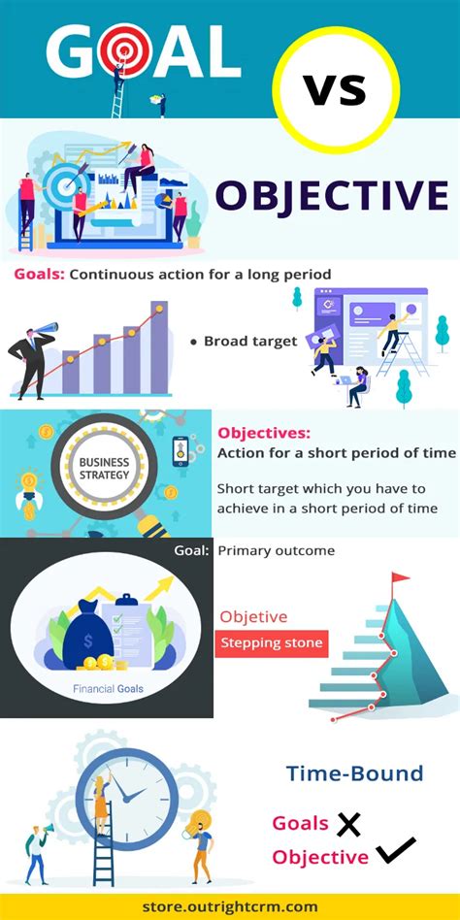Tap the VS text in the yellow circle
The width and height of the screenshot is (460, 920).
coord(335,90)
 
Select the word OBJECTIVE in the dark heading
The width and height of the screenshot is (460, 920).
coord(332,196)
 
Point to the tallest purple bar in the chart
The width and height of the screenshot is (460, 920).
coord(159,347)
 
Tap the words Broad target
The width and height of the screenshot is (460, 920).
coord(250,341)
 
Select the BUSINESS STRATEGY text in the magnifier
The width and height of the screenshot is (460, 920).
coord(104,468)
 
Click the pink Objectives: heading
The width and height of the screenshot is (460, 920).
coord(264,434)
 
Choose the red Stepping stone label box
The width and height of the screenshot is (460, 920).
coord(271,642)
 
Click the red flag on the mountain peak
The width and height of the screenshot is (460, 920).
coord(400,578)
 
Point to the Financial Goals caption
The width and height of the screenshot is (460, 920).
coord(108,688)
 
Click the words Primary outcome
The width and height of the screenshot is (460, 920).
coord(276,551)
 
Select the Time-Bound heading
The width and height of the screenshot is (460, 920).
coord(354,772)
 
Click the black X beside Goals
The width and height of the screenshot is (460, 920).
coord(348,824)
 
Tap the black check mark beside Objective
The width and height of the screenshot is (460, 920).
coord(396,850)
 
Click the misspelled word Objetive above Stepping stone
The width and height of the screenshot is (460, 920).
coord(253,616)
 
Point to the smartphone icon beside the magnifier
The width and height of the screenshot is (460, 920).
coord(181,451)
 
